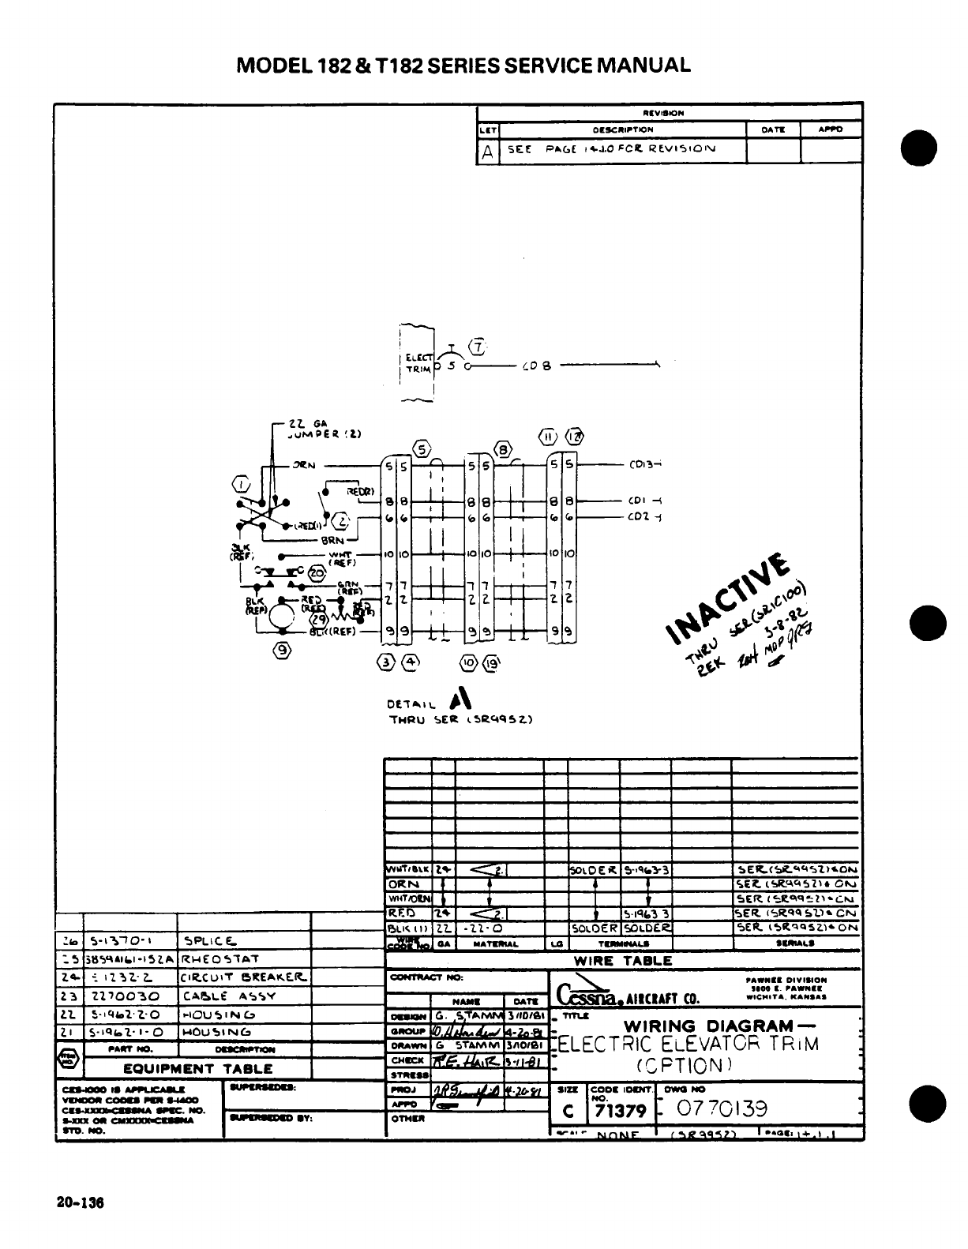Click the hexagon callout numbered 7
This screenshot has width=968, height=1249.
[478, 346]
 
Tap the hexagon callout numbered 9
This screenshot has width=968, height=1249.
[283, 650]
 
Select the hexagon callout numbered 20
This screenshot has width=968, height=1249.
[317, 572]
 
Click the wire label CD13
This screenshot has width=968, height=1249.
[639, 465]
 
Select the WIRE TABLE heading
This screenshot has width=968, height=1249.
[622, 961]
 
